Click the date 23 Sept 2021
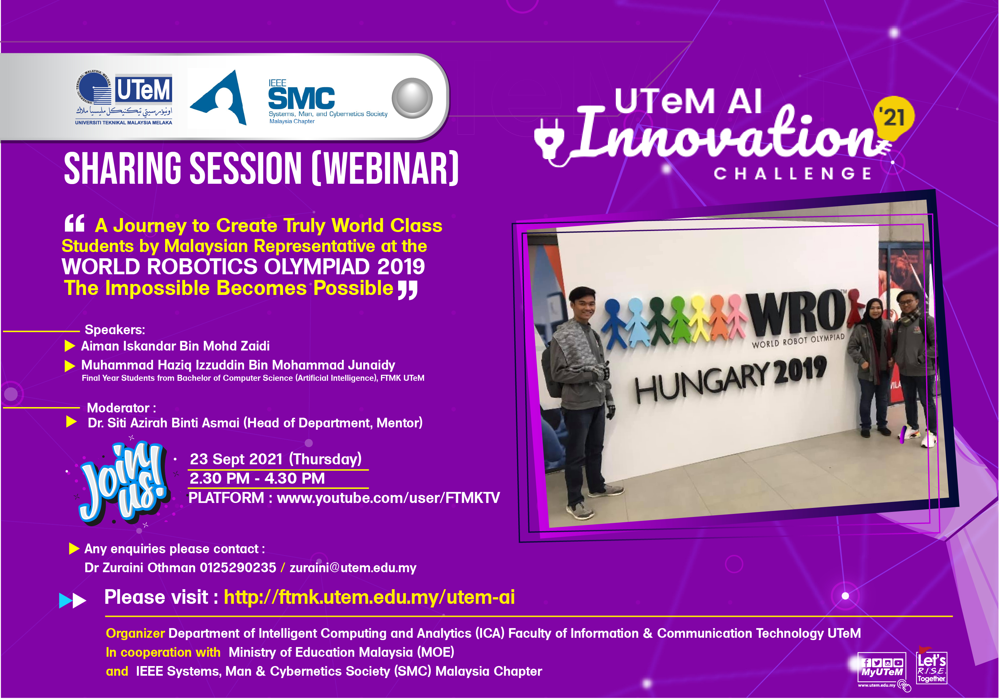(x=236, y=459)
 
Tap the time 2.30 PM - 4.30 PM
(x=257, y=478)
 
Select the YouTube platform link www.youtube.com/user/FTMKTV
(x=388, y=498)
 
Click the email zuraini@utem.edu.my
(x=353, y=568)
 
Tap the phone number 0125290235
(x=238, y=568)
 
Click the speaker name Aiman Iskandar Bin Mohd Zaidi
(x=175, y=346)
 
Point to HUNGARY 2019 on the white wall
(x=731, y=378)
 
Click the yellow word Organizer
(x=135, y=633)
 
